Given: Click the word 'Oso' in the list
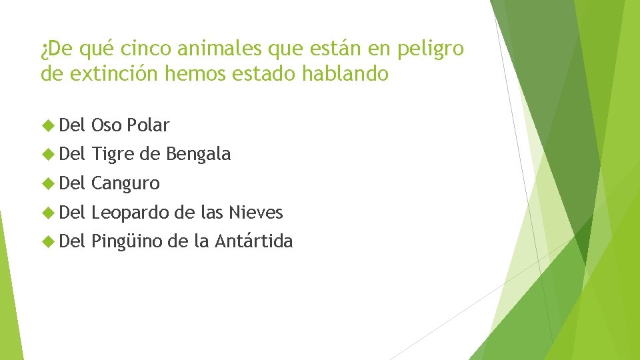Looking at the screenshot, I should click(104, 125).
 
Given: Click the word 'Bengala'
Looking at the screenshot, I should click(198, 154).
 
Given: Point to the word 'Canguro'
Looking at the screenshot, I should click(125, 183).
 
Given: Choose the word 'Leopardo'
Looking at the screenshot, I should click(129, 213).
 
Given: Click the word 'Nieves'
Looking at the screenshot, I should click(255, 213).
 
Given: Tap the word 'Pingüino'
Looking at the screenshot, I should click(127, 241).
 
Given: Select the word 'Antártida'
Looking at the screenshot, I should click(254, 241).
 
